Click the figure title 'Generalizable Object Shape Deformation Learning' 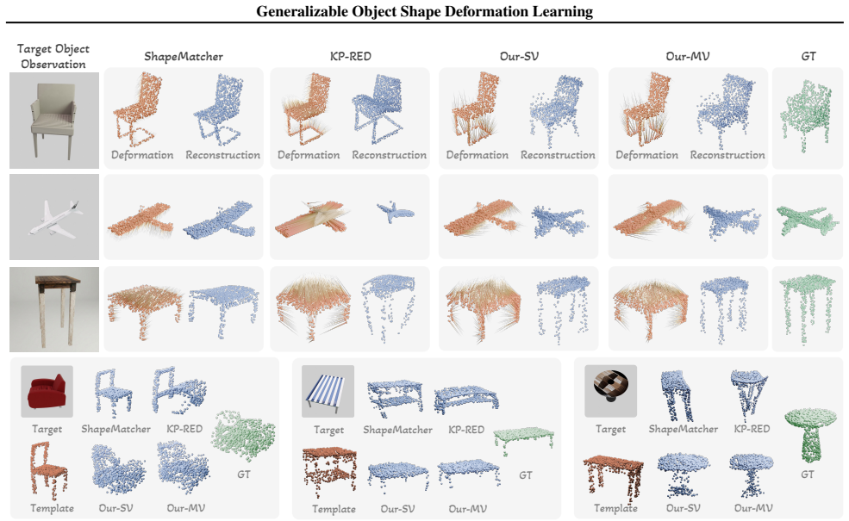[424, 11]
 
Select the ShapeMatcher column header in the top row [183, 56]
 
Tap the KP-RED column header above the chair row [350, 56]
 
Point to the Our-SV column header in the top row [519, 56]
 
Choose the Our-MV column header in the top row [687, 56]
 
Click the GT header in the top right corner [808, 56]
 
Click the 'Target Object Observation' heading [53, 56]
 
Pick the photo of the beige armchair [54, 120]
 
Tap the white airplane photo [54, 216]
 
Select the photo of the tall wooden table [54, 309]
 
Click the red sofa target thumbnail [47, 391]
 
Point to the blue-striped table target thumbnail [328, 391]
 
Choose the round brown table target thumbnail [611, 391]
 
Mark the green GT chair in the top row [806, 115]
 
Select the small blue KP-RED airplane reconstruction [395, 212]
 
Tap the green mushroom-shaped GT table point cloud [810, 434]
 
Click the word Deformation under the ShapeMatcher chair [142, 155]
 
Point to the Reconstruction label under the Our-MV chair [727, 155]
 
